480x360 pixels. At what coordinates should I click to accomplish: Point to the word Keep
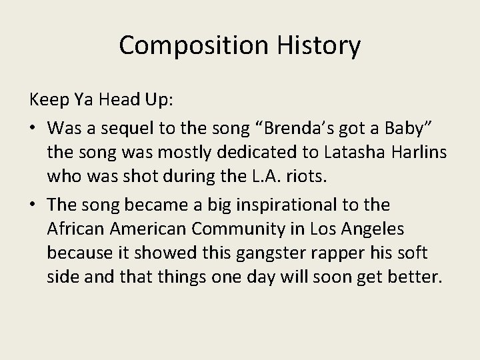(x=47, y=101)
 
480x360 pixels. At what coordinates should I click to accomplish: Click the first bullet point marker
(x=33, y=127)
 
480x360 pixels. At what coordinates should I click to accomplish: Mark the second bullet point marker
(x=33, y=205)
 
